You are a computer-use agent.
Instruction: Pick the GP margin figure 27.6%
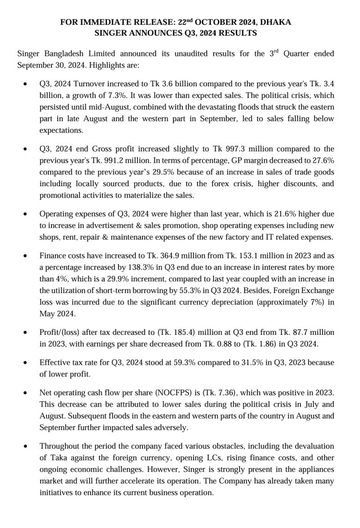(322, 160)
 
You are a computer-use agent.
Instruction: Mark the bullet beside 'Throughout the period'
(25, 446)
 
